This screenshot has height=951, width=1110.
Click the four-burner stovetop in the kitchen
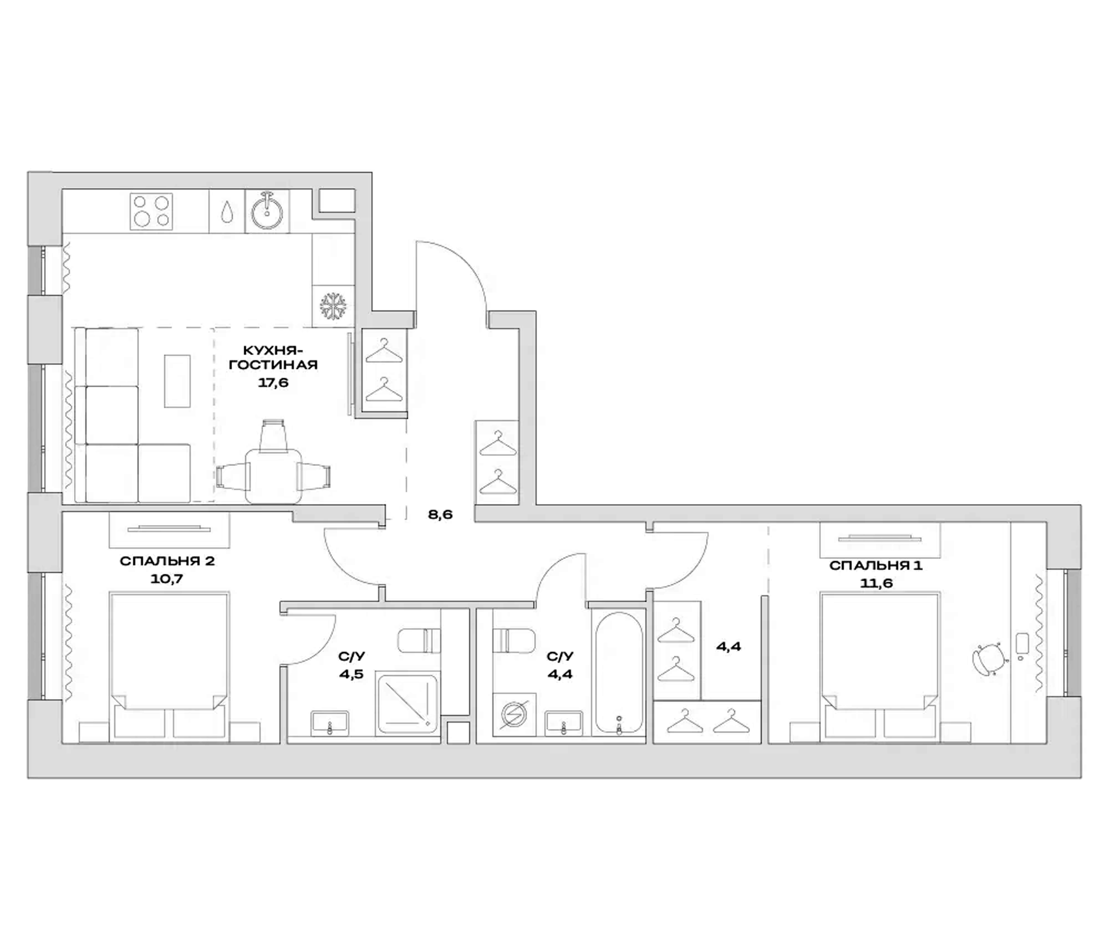click(151, 212)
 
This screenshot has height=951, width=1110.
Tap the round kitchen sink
click(267, 212)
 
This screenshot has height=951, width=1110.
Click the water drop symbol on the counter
click(227, 212)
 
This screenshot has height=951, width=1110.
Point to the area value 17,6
click(273, 383)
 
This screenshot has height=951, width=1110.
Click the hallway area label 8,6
click(440, 515)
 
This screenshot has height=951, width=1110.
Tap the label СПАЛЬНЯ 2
click(167, 561)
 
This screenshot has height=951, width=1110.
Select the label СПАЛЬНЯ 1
click(876, 565)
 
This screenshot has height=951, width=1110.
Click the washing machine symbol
click(514, 715)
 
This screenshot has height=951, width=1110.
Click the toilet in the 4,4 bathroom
click(513, 640)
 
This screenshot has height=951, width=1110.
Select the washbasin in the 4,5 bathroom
click(330, 723)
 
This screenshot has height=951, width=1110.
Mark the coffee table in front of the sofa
click(177, 381)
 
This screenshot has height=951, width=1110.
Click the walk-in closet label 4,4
click(728, 646)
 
